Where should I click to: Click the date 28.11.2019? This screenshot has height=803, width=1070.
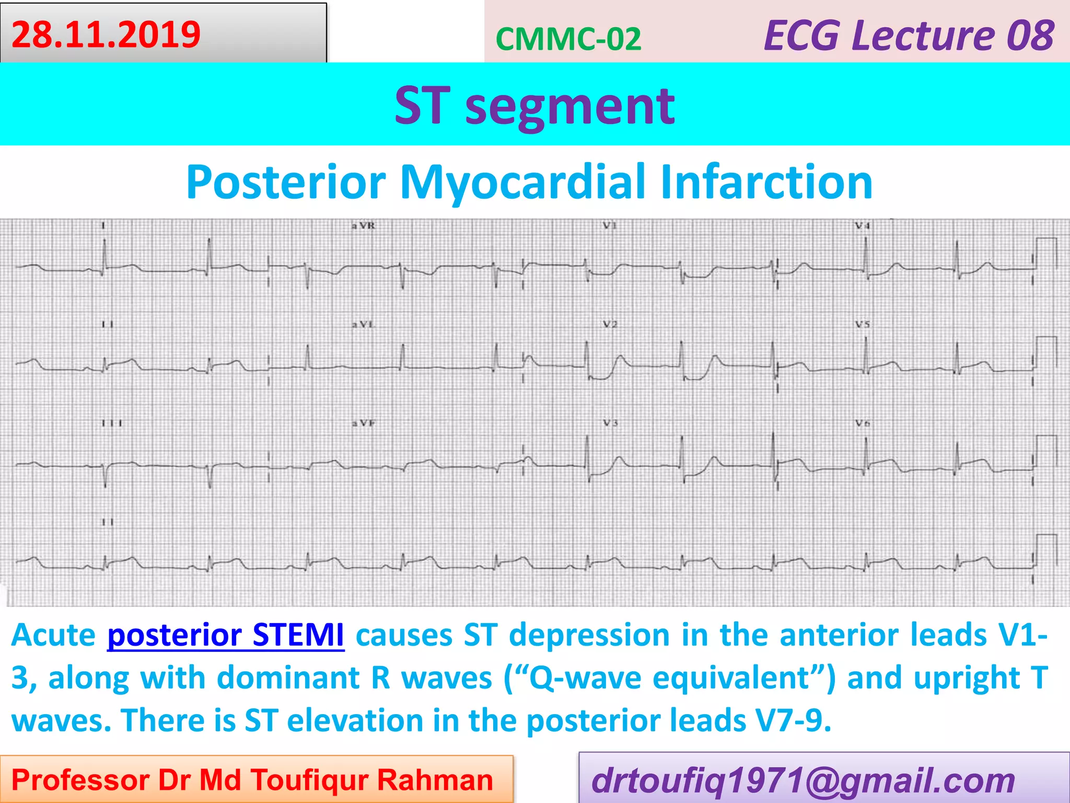(x=106, y=35)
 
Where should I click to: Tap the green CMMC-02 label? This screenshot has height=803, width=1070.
(x=568, y=39)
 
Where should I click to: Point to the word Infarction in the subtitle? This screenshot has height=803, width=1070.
(x=766, y=182)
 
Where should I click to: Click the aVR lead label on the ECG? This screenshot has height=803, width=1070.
(x=363, y=226)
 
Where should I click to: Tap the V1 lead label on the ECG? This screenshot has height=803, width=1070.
(x=610, y=226)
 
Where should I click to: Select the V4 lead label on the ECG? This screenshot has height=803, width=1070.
(x=862, y=226)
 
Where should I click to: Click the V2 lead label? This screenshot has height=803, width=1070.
(x=610, y=324)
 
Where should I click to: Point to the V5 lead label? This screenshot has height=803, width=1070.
(x=862, y=324)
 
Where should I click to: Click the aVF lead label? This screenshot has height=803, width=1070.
(x=363, y=423)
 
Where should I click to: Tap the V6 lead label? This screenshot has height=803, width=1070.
(x=862, y=423)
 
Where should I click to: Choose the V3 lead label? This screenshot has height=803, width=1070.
(x=610, y=423)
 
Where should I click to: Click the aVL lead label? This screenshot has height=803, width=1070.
(x=363, y=324)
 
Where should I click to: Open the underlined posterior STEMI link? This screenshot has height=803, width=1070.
(x=225, y=636)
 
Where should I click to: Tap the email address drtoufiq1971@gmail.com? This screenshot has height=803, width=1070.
(x=803, y=781)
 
